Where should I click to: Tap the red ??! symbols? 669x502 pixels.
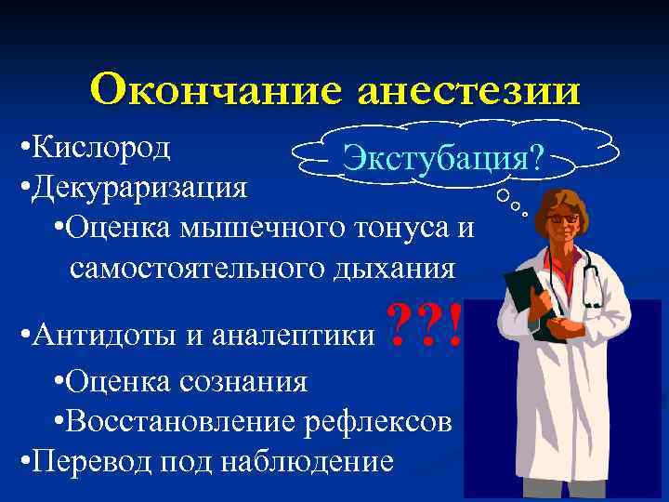point(422,326)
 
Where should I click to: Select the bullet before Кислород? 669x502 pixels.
point(23,149)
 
